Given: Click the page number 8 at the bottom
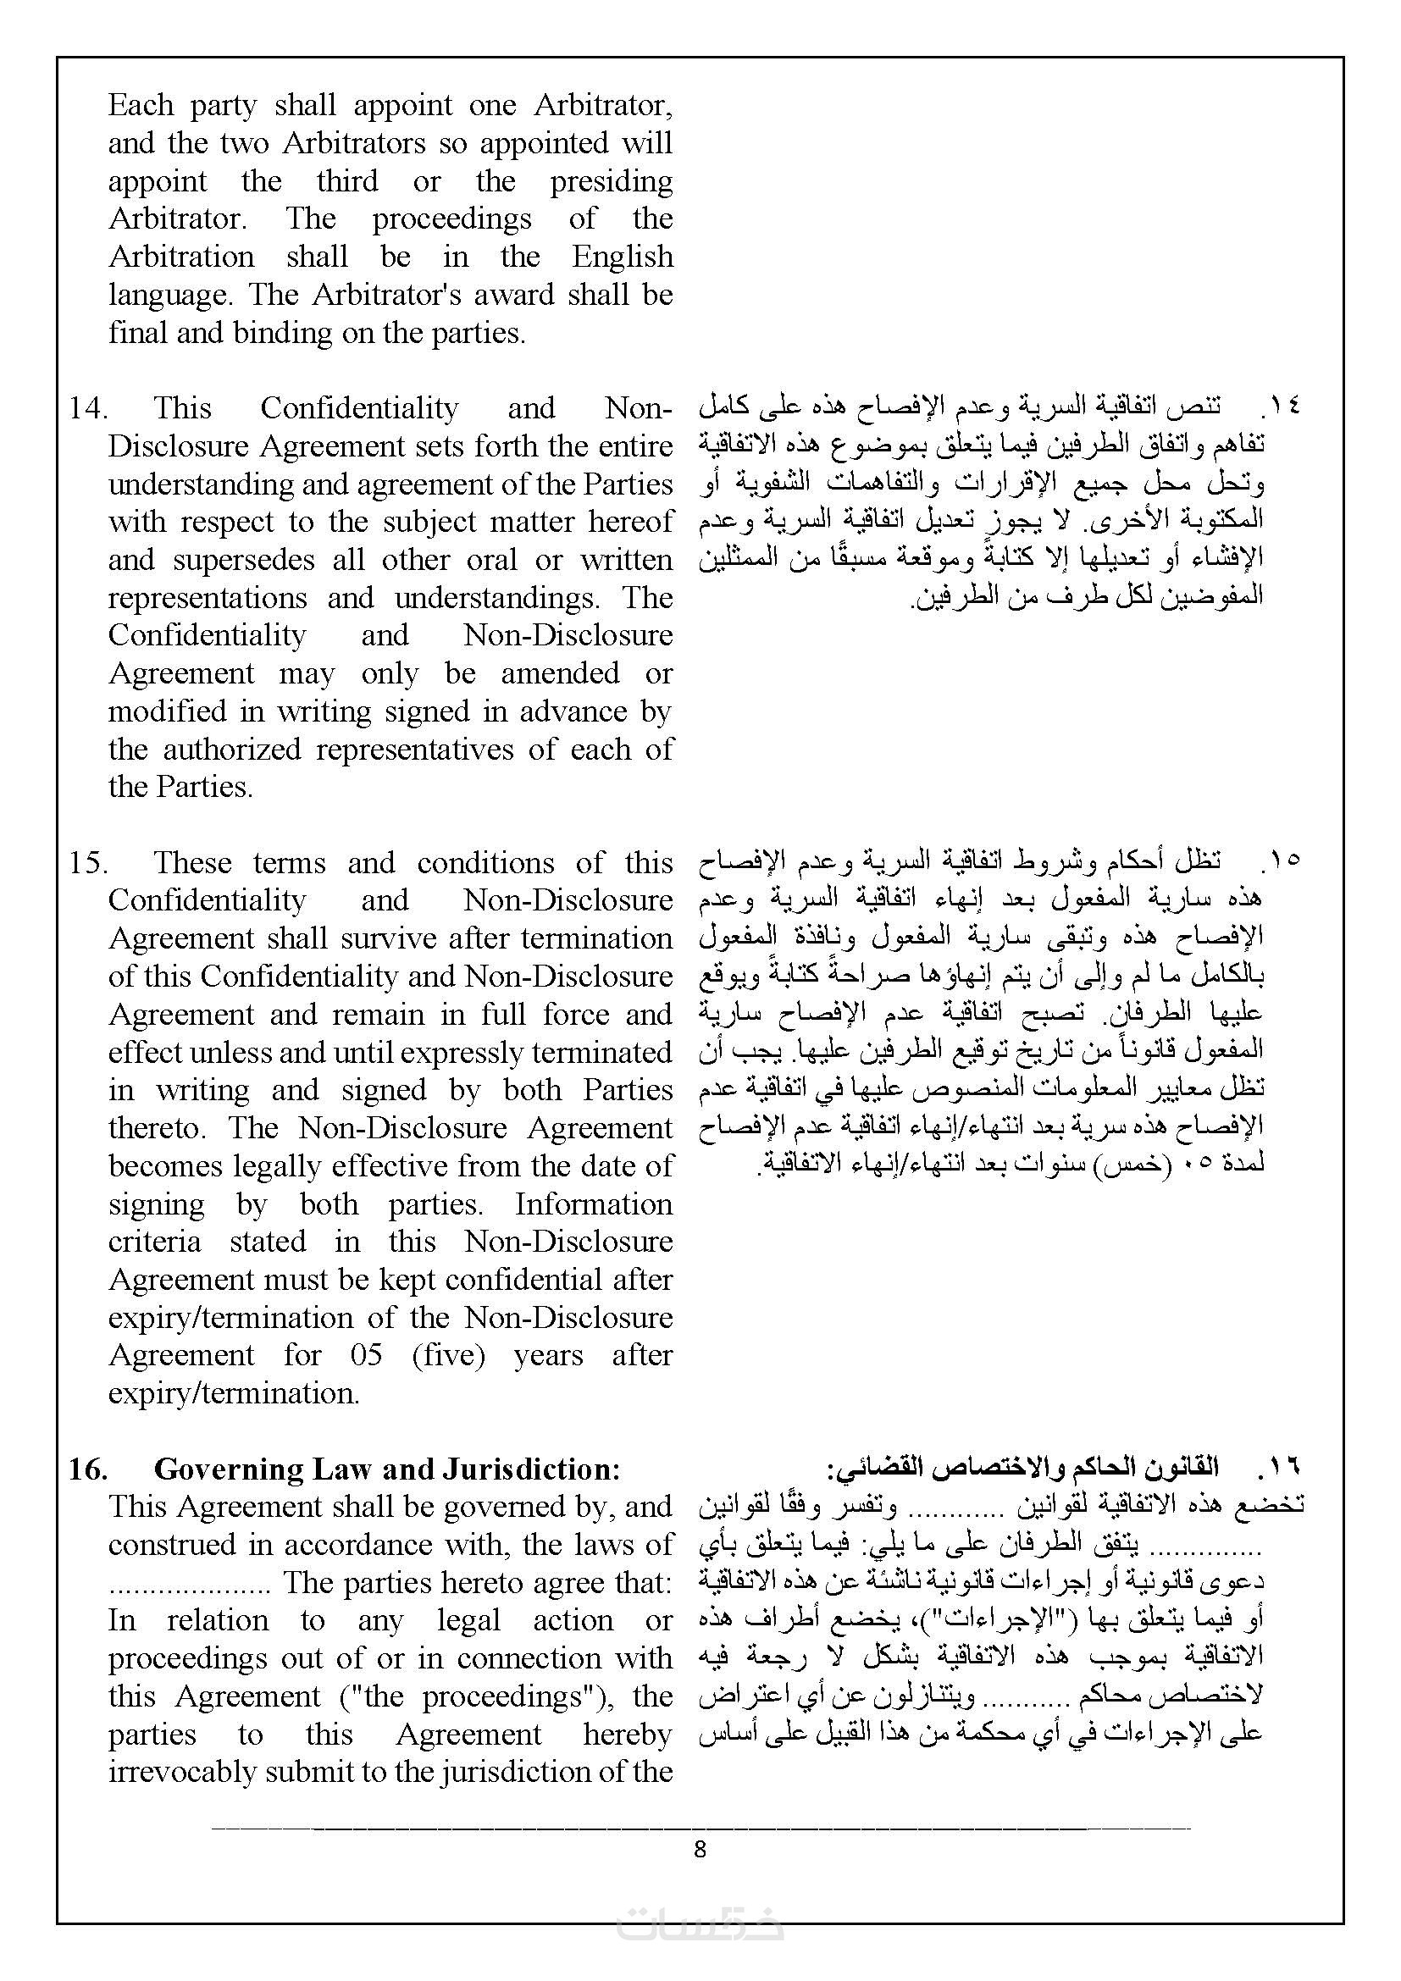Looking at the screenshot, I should pyautogui.click(x=700, y=1848).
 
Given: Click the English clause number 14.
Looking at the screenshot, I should pyautogui.click(x=87, y=407).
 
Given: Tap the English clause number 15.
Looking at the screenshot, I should pyautogui.click(x=87, y=862).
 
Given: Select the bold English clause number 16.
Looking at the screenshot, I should pyautogui.click(x=88, y=1469).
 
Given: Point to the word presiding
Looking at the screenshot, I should pyautogui.click(x=611, y=181).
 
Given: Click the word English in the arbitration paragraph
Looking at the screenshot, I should pyautogui.click(x=621, y=257).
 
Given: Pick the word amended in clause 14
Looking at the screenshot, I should pyautogui.click(x=560, y=673).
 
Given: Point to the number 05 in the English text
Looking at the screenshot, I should pyautogui.click(x=367, y=1354).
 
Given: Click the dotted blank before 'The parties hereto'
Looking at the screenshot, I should pyautogui.click(x=191, y=1583).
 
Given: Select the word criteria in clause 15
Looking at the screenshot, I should pyautogui.click(x=154, y=1242).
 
